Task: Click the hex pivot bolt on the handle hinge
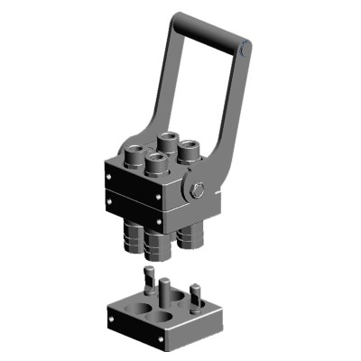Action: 198,190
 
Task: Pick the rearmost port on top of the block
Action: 168,142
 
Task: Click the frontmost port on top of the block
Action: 157,164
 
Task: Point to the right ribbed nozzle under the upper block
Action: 190,237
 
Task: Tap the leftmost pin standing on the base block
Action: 144,282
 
